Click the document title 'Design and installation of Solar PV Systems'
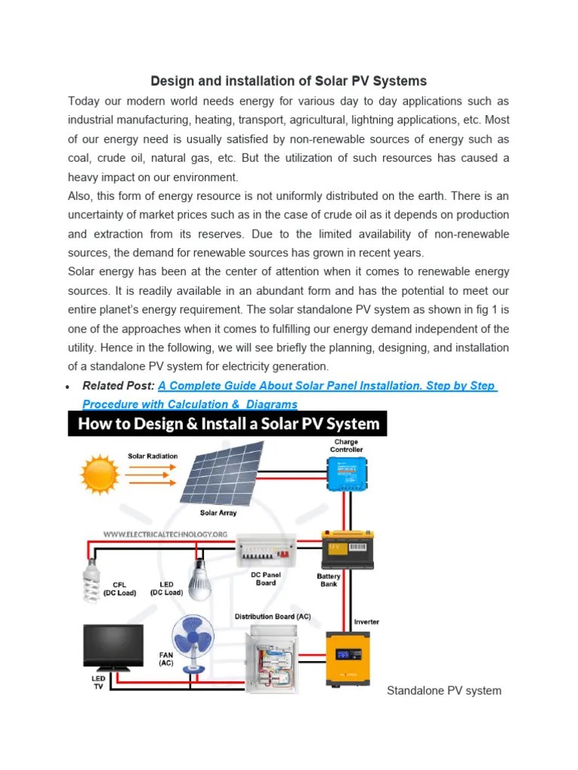click(289, 80)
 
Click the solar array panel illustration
click(221, 473)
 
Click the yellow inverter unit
click(346, 658)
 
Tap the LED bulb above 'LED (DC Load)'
click(199, 577)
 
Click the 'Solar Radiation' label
click(153, 456)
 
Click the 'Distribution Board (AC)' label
click(272, 617)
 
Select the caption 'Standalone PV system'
click(444, 690)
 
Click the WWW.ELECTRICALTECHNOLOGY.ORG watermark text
click(166, 535)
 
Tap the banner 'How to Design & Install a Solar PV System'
click(227, 423)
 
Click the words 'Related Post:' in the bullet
click(118, 386)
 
